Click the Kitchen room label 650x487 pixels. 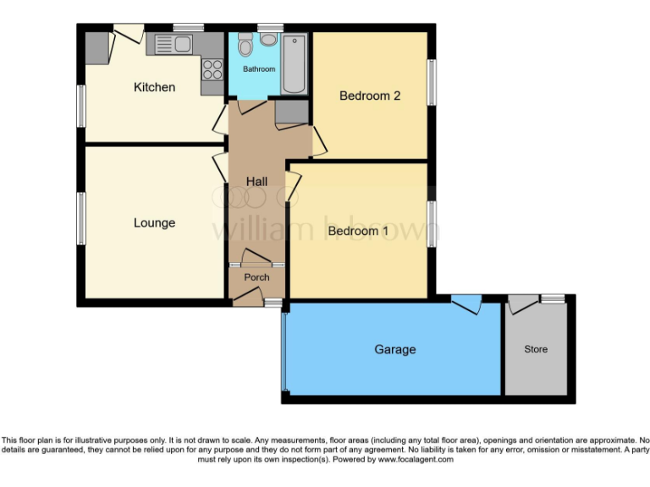click(154, 87)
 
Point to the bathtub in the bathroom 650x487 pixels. click(295, 64)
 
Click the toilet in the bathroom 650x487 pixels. click(245, 44)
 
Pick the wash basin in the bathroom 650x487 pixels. click(270, 39)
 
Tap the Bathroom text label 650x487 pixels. click(259, 68)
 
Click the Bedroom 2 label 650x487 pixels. click(369, 96)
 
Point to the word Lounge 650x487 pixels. click(154, 223)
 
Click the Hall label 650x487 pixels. click(256, 182)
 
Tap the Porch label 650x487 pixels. click(256, 277)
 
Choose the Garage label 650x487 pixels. click(394, 349)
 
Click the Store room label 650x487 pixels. click(535, 349)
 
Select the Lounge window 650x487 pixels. click(81, 218)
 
